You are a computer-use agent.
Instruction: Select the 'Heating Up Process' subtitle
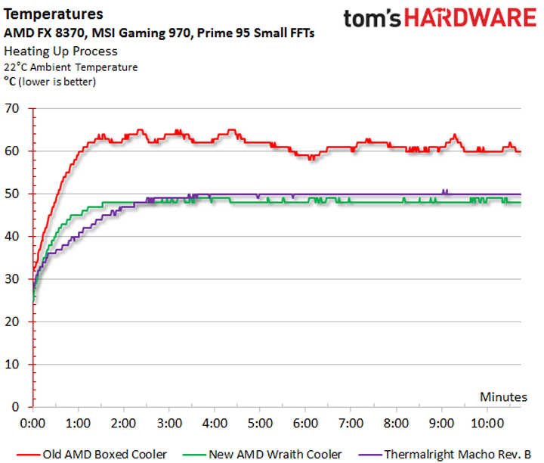[x=60, y=51]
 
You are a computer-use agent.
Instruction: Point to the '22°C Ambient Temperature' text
[x=71, y=67]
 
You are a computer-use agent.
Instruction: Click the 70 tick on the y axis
[x=14, y=108]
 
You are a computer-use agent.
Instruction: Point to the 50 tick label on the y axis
[x=14, y=194]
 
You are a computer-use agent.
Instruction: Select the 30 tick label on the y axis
[x=14, y=279]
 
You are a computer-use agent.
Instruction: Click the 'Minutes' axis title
[x=502, y=396]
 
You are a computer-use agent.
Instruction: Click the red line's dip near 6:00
[x=310, y=158]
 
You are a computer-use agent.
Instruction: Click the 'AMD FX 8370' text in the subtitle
[x=37, y=33]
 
